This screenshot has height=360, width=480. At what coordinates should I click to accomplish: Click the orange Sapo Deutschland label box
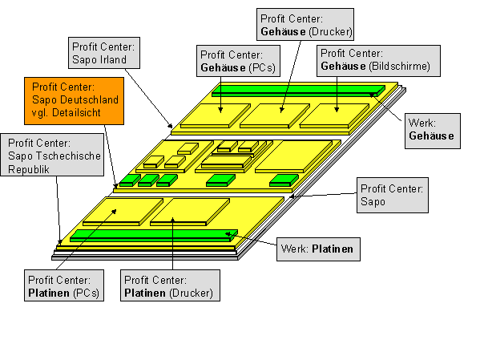[x=74, y=101]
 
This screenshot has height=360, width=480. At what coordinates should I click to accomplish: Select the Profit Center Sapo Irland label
[x=104, y=53]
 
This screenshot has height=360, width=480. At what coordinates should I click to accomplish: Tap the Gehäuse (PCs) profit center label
[x=238, y=61]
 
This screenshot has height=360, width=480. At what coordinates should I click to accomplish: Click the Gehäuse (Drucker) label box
[x=305, y=25]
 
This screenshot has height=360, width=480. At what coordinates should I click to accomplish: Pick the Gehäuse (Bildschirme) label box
[x=378, y=61]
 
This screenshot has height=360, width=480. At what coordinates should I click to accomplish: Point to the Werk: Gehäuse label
[x=433, y=131]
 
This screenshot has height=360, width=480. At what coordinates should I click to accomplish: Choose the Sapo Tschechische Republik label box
[x=52, y=155]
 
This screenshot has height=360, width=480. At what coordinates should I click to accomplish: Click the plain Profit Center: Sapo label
[x=393, y=195]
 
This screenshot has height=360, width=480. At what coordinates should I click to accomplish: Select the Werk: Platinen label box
[x=318, y=249]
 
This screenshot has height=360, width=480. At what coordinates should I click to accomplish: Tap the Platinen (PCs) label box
[x=64, y=285]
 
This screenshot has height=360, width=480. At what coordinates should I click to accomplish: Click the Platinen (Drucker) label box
[x=170, y=285]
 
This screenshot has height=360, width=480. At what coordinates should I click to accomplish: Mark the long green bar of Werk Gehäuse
[x=298, y=91]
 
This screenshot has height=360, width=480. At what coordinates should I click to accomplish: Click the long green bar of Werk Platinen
[x=154, y=236]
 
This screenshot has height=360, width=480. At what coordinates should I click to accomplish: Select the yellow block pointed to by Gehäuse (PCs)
[x=216, y=115]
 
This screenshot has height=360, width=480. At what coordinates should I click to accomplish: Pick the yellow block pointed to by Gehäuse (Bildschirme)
[x=334, y=115]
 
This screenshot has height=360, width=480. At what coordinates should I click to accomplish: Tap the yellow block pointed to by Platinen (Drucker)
[x=190, y=212]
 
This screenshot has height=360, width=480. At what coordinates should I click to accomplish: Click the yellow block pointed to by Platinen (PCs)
[x=123, y=212]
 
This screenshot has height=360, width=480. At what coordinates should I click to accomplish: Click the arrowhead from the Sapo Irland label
[x=170, y=126]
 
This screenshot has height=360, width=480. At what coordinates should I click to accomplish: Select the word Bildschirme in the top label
[x=400, y=67]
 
